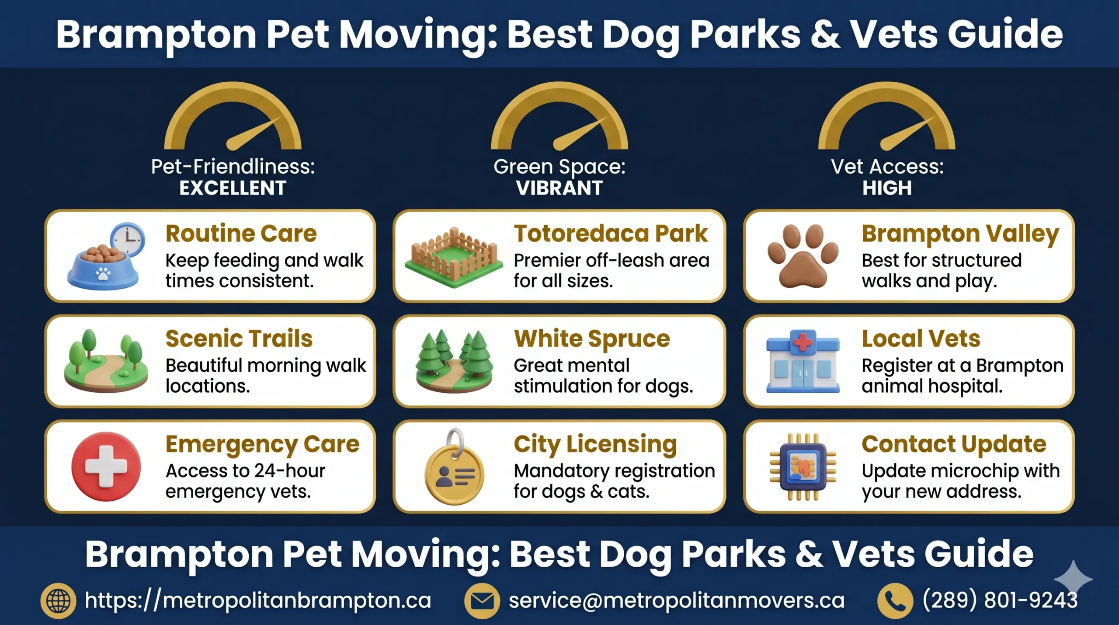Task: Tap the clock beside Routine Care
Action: (128, 239)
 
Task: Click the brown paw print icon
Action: (803, 256)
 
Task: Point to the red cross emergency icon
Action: (106, 466)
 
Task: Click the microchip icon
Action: (803, 467)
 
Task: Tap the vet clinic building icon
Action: (803, 361)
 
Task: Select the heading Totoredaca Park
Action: (610, 234)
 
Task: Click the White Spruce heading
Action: (592, 339)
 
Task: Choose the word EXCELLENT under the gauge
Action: (233, 189)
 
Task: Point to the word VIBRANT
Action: (559, 189)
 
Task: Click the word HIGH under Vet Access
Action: (887, 189)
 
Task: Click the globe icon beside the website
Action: (58, 601)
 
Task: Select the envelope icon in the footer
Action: (482, 601)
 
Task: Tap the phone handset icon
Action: (895, 601)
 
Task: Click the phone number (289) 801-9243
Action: (1000, 600)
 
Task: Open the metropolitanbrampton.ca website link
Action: (258, 600)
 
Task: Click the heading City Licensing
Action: (595, 444)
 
